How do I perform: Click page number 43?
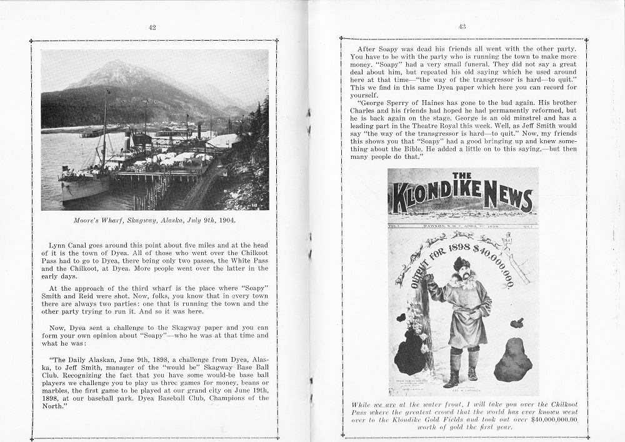pos(462,26)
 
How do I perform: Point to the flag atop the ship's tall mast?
pos(107,93)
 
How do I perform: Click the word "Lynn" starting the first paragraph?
pos(59,246)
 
